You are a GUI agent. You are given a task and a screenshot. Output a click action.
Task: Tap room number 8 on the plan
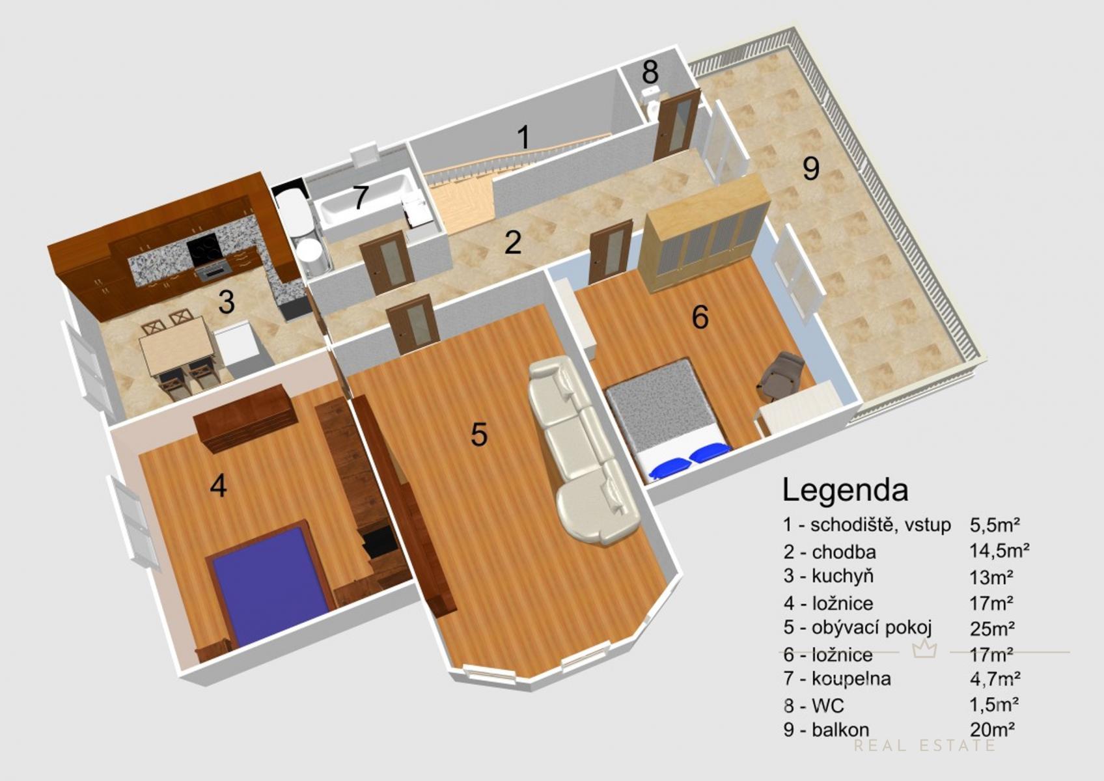pyautogui.click(x=650, y=72)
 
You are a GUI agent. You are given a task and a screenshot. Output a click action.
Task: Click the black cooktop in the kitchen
pyautogui.click(x=204, y=248)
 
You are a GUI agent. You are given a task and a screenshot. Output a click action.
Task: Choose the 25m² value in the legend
pyautogui.click(x=992, y=628)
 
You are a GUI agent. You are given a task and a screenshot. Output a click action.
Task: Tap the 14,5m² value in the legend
pyautogui.click(x=999, y=550)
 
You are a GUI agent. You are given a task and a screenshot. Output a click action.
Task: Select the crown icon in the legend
pyautogui.click(x=924, y=650)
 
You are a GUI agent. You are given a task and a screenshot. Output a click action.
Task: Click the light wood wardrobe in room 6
pyautogui.click(x=705, y=236)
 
